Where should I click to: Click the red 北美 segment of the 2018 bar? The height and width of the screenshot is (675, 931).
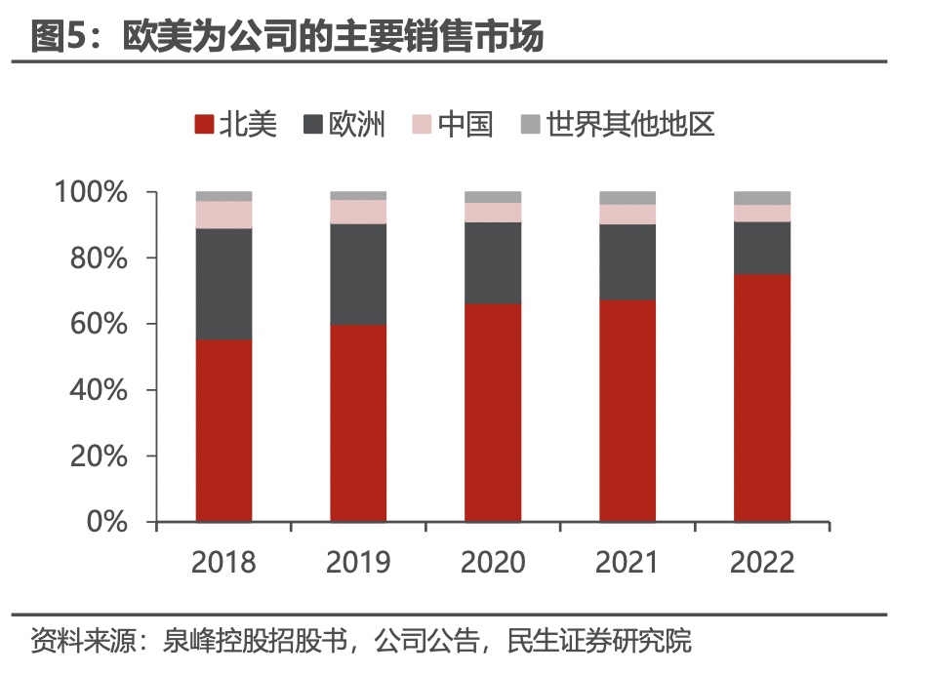223,430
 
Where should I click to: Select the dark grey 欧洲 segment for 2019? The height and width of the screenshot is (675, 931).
358,274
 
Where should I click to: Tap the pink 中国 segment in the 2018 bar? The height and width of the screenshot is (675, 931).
223,215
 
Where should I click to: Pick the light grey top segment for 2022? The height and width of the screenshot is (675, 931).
762,198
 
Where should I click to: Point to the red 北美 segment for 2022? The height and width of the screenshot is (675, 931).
762,398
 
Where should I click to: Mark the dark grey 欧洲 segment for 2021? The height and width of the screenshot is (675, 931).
627,261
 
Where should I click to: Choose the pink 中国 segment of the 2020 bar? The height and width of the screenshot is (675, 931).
493,213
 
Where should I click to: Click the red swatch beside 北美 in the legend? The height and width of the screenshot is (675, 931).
204,125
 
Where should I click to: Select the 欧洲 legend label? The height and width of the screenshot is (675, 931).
357,125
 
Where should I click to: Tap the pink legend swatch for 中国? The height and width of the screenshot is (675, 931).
422,125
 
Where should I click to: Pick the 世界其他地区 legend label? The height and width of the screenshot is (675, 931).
630,125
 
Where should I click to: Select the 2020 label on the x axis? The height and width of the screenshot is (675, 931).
493,563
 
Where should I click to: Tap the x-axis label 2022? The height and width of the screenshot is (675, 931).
762,563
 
